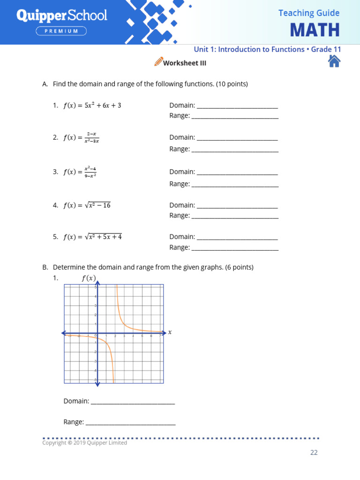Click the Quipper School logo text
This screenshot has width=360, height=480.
pos(62,15)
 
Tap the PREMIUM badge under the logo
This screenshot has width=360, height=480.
pos(62,31)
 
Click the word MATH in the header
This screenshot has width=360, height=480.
pos(315,30)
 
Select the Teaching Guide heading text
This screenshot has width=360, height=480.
pos(308,13)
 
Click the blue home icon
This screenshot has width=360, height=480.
pos(334,61)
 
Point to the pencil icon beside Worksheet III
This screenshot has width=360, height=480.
pos(158,62)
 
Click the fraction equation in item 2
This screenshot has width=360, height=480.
pos(81,137)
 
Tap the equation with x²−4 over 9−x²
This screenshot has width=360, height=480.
pos(80,172)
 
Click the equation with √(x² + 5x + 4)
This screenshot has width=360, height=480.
pos(92,237)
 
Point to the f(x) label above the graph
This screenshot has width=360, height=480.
pos(89,278)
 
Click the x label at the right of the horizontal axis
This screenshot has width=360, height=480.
pos(170,332)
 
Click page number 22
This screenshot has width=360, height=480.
pos(314,452)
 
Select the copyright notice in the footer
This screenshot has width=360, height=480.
pos(84,442)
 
